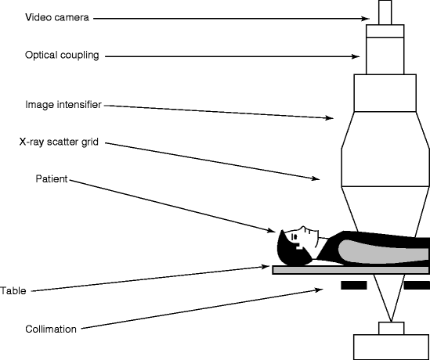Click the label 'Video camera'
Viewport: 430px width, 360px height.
pyautogui.click(x=57, y=17)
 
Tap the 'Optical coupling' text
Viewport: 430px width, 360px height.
pyautogui.click(x=62, y=55)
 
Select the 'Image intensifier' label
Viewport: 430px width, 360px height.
pyautogui.click(x=63, y=105)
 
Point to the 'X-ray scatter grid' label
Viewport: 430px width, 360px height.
pyautogui.click(x=59, y=142)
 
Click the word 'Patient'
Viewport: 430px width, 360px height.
pyautogui.click(x=52, y=179)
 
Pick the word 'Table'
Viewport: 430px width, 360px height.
pyautogui.click(x=13, y=290)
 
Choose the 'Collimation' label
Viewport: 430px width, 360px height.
pyautogui.click(x=51, y=329)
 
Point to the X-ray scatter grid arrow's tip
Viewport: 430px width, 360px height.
pyautogui.click(x=320, y=179)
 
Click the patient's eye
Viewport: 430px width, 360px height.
pyautogui.click(x=294, y=236)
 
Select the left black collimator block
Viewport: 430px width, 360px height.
pyautogui.click(x=354, y=285)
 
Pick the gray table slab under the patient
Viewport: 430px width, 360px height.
pyautogui.click(x=351, y=270)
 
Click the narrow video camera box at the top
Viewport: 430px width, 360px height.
pyautogui.click(x=385, y=13)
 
